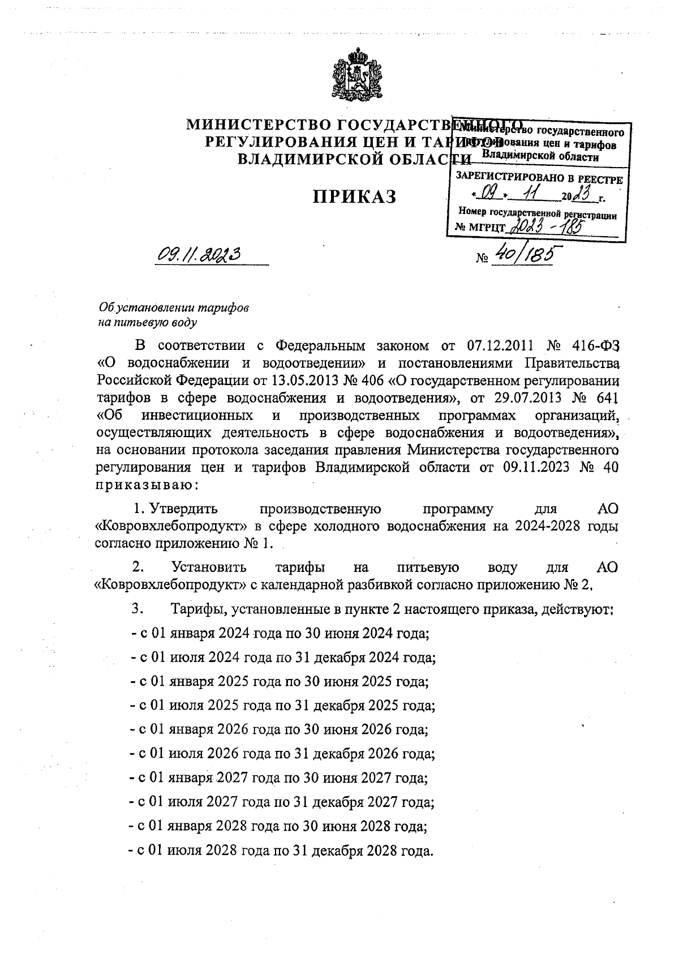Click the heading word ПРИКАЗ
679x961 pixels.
point(355,197)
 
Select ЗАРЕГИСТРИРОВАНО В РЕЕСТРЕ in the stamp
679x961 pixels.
point(539,179)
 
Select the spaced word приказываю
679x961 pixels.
point(146,485)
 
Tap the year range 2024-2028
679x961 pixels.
point(547,526)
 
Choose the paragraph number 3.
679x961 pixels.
point(136,609)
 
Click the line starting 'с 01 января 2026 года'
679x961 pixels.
point(279,729)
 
